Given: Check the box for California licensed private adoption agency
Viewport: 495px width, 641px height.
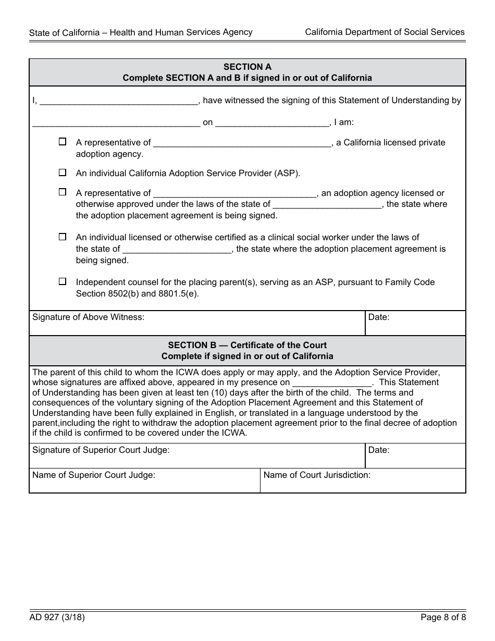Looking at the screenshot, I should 63,141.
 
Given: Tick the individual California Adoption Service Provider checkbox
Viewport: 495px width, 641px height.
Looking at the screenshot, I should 63,172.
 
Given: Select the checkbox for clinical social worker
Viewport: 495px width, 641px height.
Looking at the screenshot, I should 63,237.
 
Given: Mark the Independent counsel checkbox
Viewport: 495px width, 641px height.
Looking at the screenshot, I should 63,281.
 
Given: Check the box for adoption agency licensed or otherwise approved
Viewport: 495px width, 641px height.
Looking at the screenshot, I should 63,192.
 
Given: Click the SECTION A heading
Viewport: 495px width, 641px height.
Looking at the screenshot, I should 247,67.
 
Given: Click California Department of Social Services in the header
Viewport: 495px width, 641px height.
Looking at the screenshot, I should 385,32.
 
